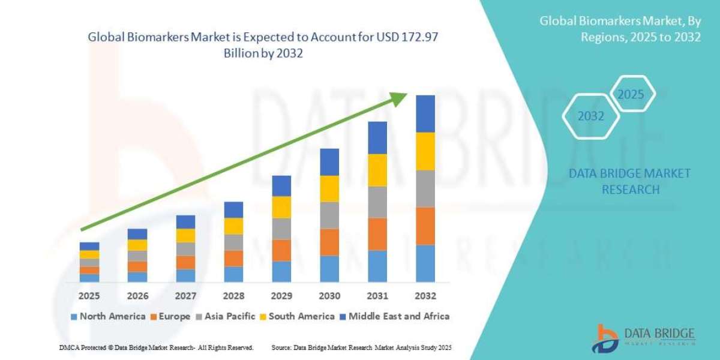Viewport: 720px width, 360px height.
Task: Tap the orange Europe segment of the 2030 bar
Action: click(329, 242)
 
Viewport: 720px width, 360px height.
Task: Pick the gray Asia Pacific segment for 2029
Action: click(281, 229)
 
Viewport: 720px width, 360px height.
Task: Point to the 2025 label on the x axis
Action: click(89, 296)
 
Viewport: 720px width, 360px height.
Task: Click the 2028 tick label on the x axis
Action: click(233, 296)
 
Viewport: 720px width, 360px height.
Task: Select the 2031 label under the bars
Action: click(377, 296)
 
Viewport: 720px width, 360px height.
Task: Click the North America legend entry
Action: click(107, 316)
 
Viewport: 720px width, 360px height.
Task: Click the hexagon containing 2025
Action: click(631, 95)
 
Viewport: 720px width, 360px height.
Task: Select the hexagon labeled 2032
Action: click(590, 116)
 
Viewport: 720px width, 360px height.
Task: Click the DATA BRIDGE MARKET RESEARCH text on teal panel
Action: click(629, 181)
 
